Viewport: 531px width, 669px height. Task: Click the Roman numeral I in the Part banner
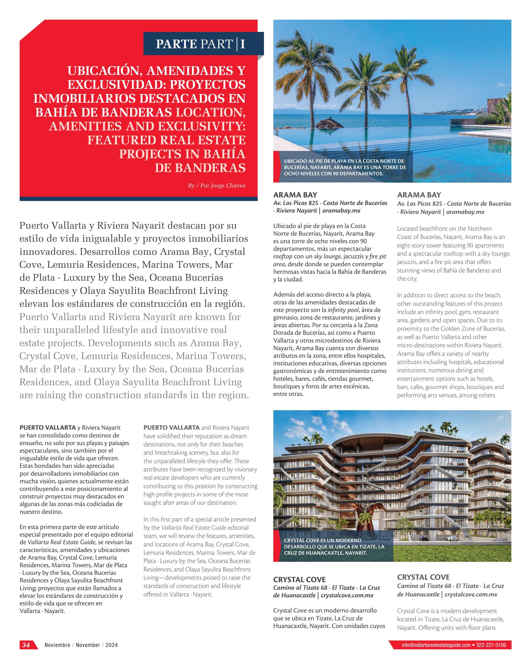click(243, 44)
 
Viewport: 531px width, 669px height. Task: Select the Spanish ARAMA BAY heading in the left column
click(295, 195)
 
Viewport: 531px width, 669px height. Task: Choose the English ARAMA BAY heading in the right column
click(419, 195)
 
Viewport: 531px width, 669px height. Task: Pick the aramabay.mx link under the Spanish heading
click(341, 211)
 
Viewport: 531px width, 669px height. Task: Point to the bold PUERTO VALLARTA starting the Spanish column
click(48, 428)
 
